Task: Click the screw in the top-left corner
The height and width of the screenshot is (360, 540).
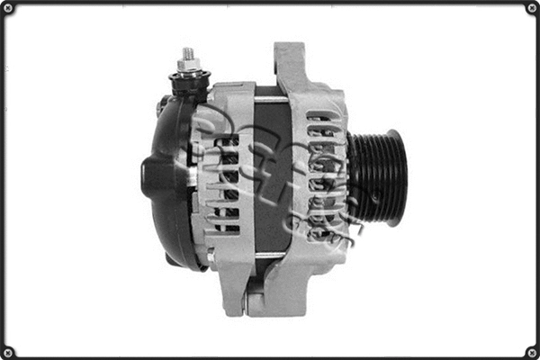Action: (x=7, y=8)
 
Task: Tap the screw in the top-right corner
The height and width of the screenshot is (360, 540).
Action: (x=532, y=8)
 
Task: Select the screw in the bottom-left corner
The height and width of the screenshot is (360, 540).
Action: (x=7, y=352)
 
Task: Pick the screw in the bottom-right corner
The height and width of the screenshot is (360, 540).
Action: (x=532, y=352)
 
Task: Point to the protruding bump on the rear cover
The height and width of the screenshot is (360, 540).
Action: (x=149, y=176)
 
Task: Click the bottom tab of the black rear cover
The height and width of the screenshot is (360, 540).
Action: (x=175, y=258)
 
